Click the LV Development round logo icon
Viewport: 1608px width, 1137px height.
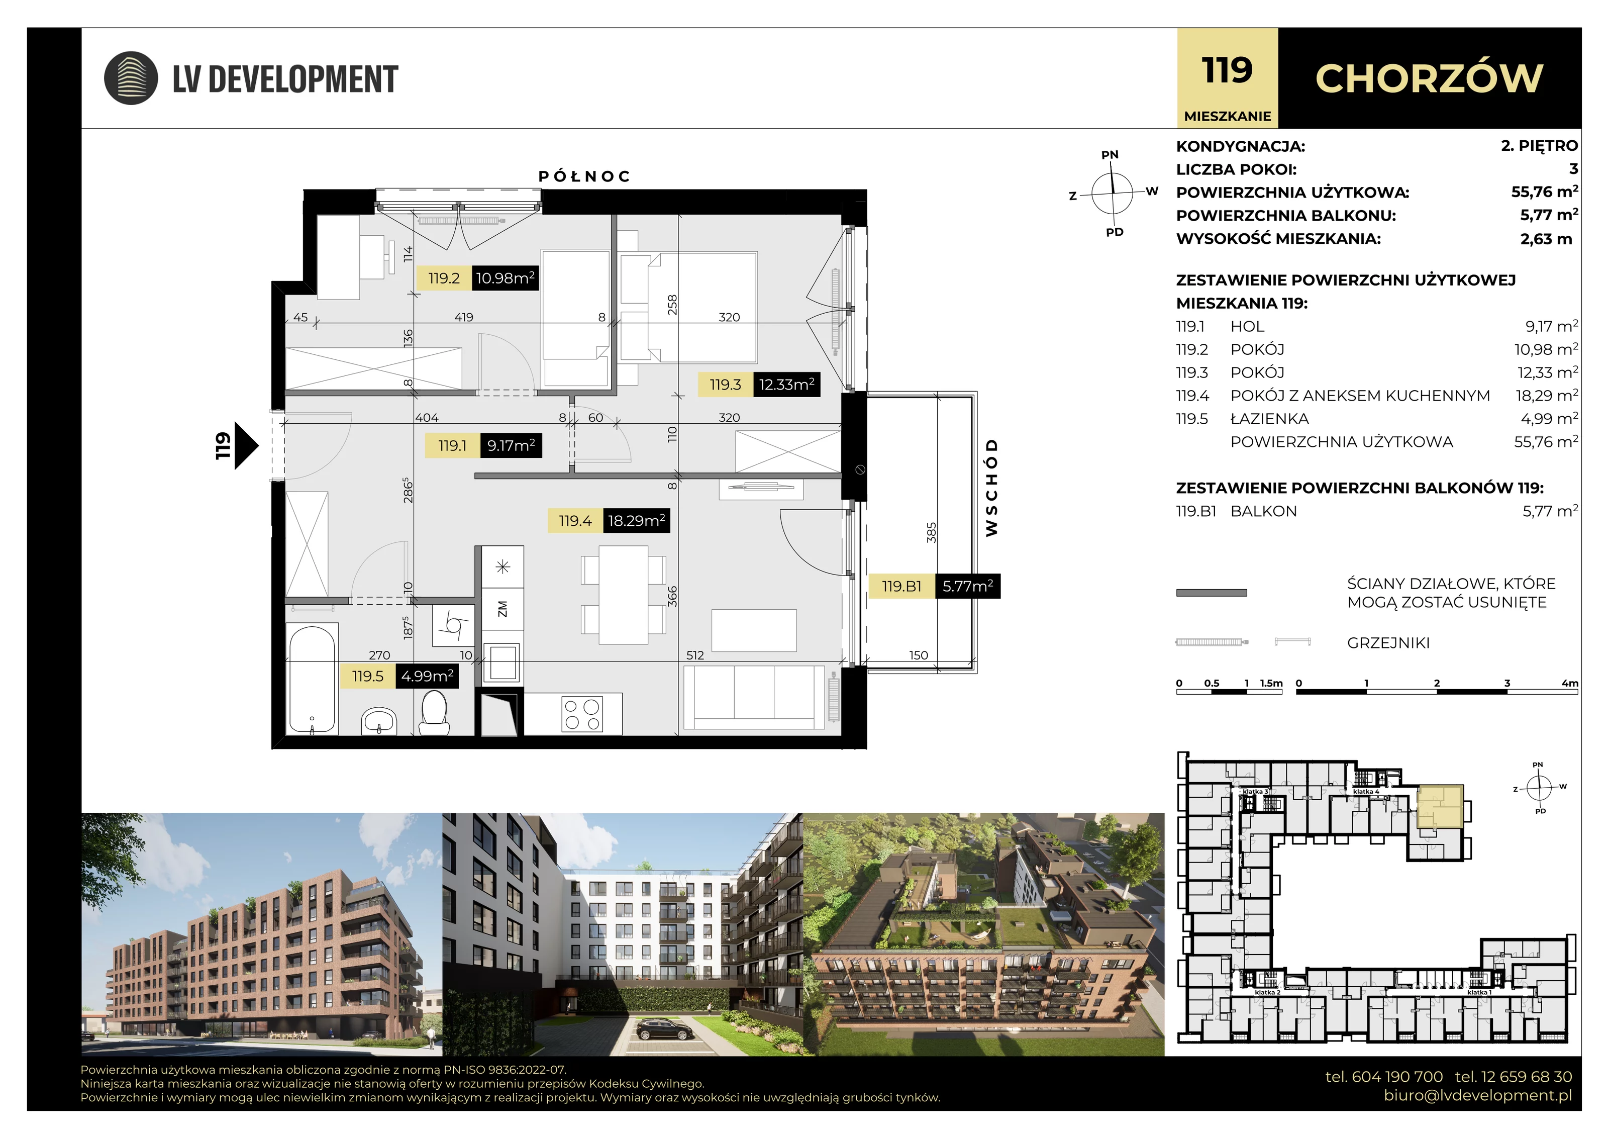131,78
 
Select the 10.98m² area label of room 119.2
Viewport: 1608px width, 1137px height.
505,278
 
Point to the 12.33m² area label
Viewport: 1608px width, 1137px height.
786,385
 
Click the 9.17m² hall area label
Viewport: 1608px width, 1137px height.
511,445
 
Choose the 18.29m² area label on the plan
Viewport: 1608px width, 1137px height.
636,521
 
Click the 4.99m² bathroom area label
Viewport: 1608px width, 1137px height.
427,676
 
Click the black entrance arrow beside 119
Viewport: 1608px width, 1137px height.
245,445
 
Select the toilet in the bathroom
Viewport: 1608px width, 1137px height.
435,712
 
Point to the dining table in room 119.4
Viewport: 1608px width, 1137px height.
623,595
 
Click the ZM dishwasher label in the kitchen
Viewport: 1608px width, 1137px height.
502,609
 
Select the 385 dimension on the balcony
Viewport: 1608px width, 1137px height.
931,532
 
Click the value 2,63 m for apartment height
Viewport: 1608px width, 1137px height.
1546,239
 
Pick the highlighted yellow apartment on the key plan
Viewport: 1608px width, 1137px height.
1440,807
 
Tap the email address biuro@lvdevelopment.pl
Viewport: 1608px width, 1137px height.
1478,1095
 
